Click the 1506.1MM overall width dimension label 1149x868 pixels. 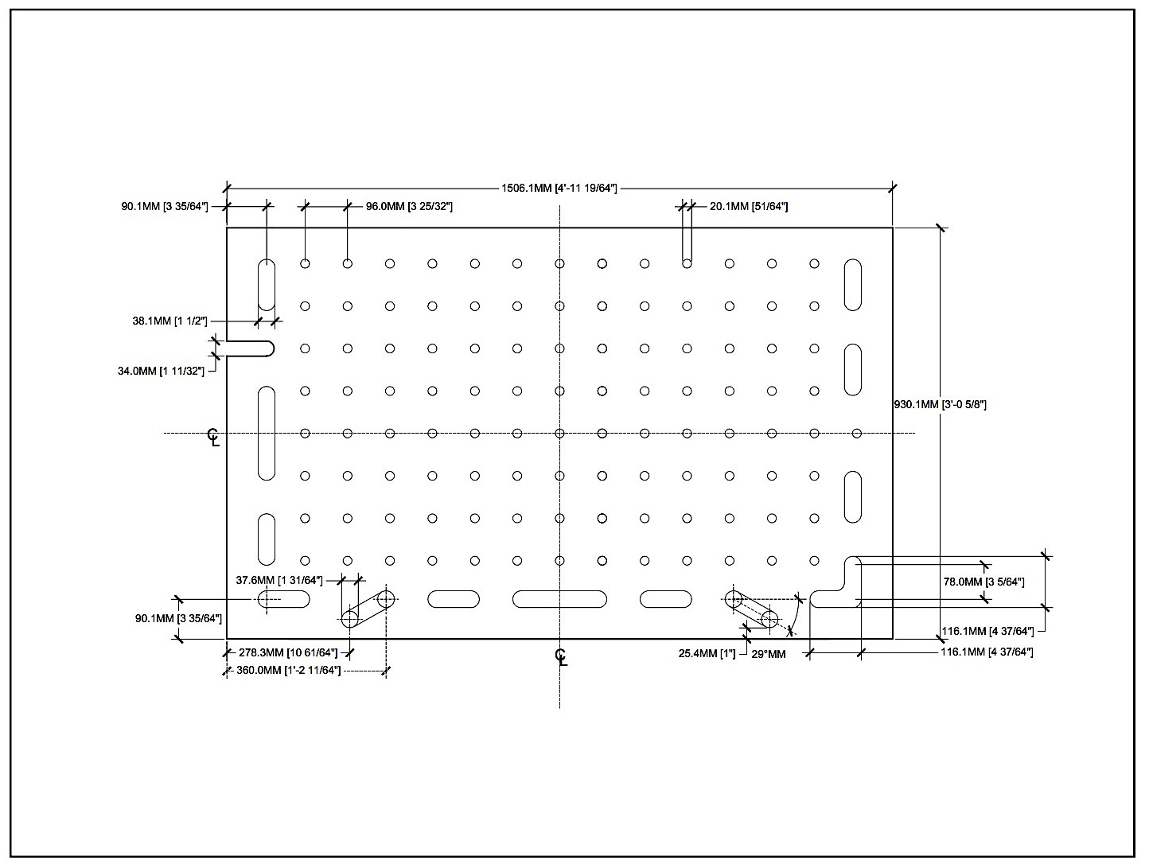tap(559, 189)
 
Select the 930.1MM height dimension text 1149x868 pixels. tap(941, 404)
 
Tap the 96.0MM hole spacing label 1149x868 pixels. tap(409, 207)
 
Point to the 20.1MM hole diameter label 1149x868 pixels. tap(749, 207)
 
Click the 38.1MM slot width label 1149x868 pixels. tap(169, 321)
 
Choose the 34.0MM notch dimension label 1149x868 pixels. tap(161, 372)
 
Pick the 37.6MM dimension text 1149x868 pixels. tap(279, 580)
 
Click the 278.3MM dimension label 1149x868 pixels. tap(288, 653)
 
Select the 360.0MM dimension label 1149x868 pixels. tap(288, 670)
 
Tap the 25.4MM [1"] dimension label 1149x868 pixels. tap(707, 654)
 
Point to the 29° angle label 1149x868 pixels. tap(769, 655)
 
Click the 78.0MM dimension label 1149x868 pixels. tap(983, 582)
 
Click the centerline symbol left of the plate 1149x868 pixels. tap(213, 438)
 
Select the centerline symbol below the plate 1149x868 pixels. tap(561, 657)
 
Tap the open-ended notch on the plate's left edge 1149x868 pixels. tap(250, 341)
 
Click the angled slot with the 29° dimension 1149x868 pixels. tap(752, 609)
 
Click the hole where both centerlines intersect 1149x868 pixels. tap(559, 434)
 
